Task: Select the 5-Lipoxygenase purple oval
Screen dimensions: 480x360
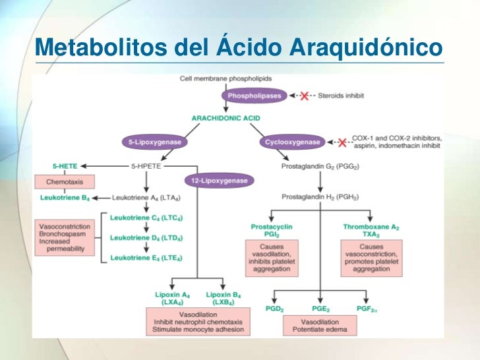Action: pos(152,142)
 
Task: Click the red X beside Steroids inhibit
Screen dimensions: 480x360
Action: pos(305,96)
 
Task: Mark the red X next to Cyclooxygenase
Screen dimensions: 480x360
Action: pos(342,142)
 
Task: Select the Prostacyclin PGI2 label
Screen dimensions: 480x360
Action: pos(272,230)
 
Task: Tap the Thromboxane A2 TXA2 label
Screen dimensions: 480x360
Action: pos(371,230)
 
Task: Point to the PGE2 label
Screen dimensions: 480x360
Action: pos(321,308)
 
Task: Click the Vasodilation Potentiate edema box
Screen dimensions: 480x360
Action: pos(320,325)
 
